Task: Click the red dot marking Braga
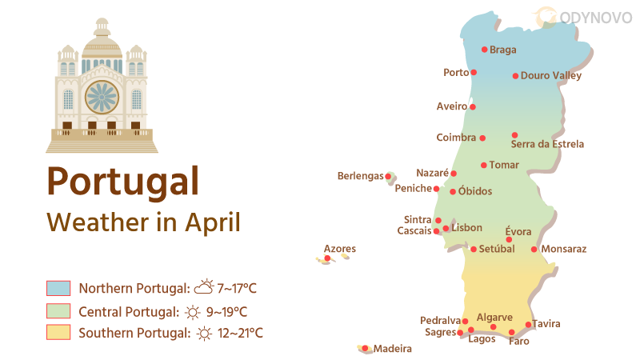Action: (x=485, y=50)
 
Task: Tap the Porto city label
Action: (x=456, y=73)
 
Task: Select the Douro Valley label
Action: (x=550, y=76)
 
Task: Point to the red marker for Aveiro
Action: (x=473, y=106)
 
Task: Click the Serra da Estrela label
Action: (x=547, y=145)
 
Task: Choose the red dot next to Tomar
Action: (x=483, y=166)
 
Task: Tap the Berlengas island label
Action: (x=360, y=176)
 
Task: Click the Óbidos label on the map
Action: (x=475, y=191)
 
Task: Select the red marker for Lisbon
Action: (x=446, y=228)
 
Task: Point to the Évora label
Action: (x=518, y=231)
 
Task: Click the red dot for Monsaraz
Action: (x=534, y=250)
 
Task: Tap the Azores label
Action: (x=340, y=249)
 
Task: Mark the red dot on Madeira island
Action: (x=365, y=348)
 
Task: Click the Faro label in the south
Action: (x=518, y=342)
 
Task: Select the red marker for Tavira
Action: (x=528, y=325)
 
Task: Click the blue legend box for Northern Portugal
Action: (x=59, y=288)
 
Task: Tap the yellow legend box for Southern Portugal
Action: (x=59, y=332)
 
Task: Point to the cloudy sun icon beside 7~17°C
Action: (x=204, y=287)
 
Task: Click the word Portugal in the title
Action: (x=122, y=181)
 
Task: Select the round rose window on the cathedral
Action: (x=102, y=97)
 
